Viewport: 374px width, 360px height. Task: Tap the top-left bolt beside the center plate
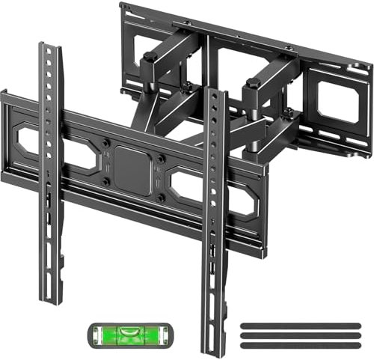[106, 143]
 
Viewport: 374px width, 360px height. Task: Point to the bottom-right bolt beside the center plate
[162, 198]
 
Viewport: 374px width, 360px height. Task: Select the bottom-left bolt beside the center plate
[106, 180]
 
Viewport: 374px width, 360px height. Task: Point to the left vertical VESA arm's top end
[50, 48]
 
